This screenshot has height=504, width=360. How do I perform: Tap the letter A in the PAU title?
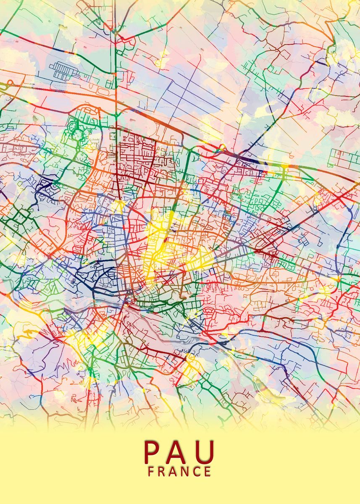point(179,452)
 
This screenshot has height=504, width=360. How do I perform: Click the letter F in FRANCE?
point(151,472)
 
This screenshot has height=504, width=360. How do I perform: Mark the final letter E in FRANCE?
point(208,472)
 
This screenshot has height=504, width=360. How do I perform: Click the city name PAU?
point(179,452)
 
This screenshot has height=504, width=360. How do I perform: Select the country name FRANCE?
point(179,472)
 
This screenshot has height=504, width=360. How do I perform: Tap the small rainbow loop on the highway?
point(221,147)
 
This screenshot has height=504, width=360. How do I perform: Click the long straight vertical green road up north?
point(115,63)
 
